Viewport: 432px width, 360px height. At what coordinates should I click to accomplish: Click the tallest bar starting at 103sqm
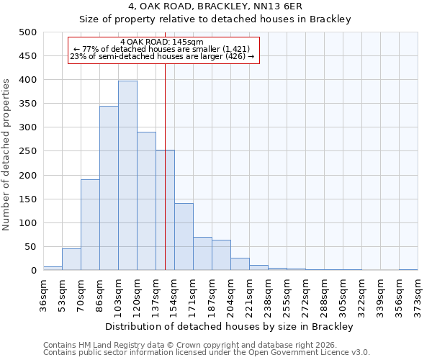127,176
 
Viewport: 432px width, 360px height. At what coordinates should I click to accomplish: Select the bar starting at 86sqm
109,188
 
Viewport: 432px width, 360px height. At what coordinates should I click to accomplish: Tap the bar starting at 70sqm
90,225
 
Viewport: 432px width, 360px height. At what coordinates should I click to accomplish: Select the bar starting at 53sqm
71,259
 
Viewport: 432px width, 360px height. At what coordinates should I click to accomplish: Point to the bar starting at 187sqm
221,255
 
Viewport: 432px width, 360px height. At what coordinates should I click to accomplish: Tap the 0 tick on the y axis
33,271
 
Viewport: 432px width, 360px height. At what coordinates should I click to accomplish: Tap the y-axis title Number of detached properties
7,151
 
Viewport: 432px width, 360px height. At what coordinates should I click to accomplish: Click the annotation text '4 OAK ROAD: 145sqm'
162,42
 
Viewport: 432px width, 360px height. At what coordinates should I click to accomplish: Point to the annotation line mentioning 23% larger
162,56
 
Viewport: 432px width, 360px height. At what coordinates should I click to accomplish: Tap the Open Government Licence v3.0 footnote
207,353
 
